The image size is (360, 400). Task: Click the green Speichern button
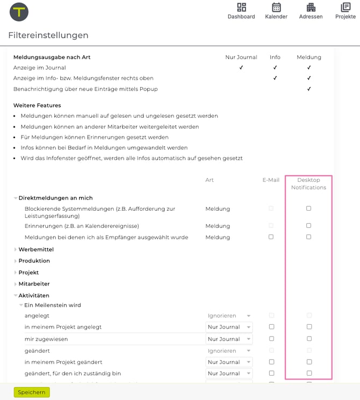[x=32, y=392]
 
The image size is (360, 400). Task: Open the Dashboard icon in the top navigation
[x=241, y=8]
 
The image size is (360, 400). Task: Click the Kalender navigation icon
[x=276, y=8]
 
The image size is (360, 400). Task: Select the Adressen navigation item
[x=311, y=8]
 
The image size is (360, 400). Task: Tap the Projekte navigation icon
[x=345, y=8]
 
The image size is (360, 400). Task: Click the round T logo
[x=19, y=12]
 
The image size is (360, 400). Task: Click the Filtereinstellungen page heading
[x=48, y=35]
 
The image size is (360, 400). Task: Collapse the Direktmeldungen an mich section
[x=16, y=198]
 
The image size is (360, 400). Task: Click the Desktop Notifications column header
[x=308, y=184]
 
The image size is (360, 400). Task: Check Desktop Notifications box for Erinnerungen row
[x=308, y=225]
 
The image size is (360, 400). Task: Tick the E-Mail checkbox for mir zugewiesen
[x=271, y=339]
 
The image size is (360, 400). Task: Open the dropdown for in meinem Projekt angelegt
[x=229, y=327]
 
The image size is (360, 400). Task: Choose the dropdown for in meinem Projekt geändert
[x=229, y=362]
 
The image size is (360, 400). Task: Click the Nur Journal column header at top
[x=241, y=57]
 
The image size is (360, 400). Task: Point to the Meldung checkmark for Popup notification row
[x=309, y=89]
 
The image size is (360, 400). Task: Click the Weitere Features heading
[x=37, y=105]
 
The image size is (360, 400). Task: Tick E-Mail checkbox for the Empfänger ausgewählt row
[x=271, y=237]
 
